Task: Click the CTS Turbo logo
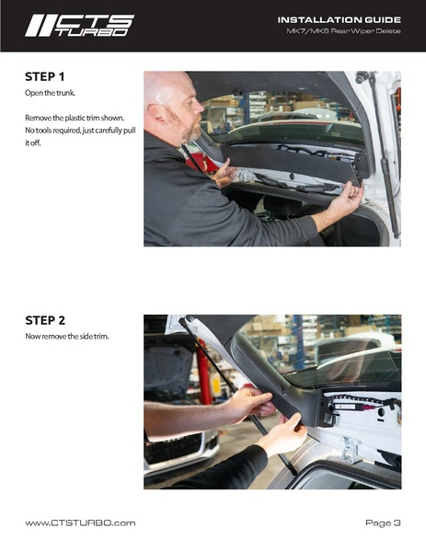(x=79, y=26)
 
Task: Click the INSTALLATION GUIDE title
(x=340, y=20)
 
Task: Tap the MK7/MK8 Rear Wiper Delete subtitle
(x=343, y=31)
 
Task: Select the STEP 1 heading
(x=45, y=76)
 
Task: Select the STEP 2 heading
(x=45, y=320)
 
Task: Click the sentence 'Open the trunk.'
(x=50, y=93)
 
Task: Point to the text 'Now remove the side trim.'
(x=67, y=337)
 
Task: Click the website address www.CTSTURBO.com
(x=80, y=523)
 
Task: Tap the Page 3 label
(x=383, y=523)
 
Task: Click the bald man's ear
(x=154, y=112)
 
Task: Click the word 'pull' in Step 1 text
(x=130, y=131)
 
